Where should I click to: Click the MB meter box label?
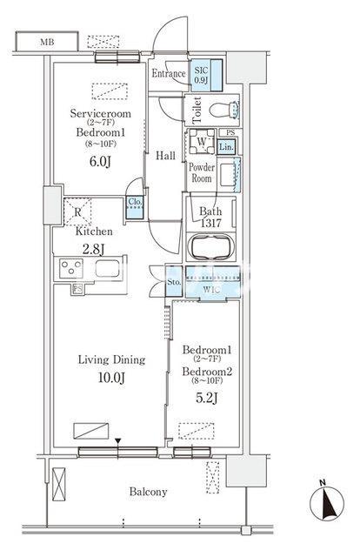pos(47,43)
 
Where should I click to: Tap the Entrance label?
pos(169,73)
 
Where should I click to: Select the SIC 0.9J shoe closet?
pos(206,75)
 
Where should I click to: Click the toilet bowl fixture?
pos(223,110)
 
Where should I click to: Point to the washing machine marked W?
pos(201,141)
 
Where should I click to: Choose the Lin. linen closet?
pos(226,146)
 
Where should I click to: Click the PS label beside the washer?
pos(230,132)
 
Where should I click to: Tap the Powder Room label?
pos(201,172)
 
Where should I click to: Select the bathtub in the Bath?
pos(210,246)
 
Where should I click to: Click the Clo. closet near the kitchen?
pos(135,207)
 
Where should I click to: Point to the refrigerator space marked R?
pos(77,212)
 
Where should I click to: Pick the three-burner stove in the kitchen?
pos(71,268)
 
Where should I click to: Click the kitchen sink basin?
pos(107,268)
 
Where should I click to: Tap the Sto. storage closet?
pos(174,281)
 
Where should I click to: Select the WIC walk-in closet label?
pos(211,290)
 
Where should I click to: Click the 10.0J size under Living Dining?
pos(111,378)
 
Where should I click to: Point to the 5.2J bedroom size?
pos(207,398)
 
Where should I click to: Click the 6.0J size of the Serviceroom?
pos(100,161)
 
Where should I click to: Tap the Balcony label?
pos(148,492)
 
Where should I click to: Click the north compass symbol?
pos(327,501)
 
